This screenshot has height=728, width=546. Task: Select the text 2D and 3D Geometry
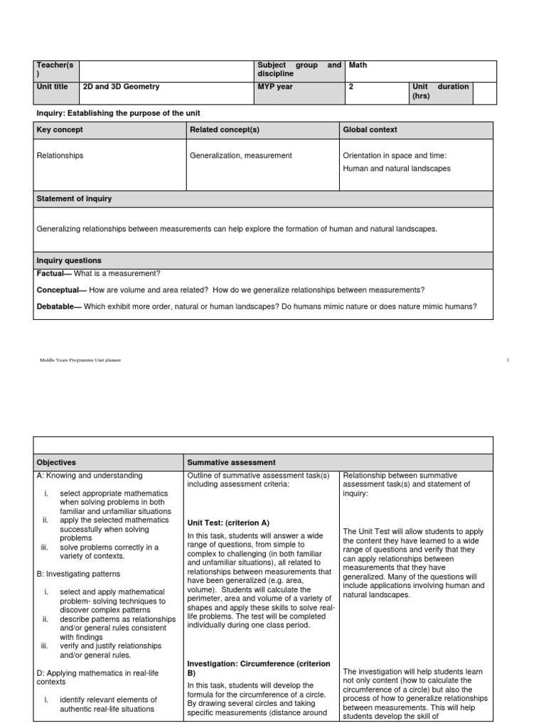click(x=122, y=87)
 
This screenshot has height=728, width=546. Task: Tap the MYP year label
click(x=275, y=87)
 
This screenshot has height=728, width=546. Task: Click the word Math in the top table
click(x=358, y=65)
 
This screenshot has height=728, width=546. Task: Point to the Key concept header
click(x=60, y=129)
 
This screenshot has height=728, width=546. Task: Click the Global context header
click(x=370, y=129)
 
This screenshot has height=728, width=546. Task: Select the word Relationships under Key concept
click(x=60, y=156)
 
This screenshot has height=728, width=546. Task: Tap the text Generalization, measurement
click(x=241, y=156)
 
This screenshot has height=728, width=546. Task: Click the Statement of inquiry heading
click(x=74, y=198)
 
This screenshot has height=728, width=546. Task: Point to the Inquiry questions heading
click(x=69, y=261)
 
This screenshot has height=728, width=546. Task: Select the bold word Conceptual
click(x=59, y=289)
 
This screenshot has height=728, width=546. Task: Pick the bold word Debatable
click(x=57, y=306)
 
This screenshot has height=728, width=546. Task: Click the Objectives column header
click(x=56, y=462)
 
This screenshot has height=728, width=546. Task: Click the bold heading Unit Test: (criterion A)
click(x=228, y=521)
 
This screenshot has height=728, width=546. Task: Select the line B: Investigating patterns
click(x=78, y=573)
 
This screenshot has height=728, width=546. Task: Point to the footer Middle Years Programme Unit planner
click(x=80, y=360)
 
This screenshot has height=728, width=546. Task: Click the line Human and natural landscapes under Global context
click(x=397, y=168)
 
